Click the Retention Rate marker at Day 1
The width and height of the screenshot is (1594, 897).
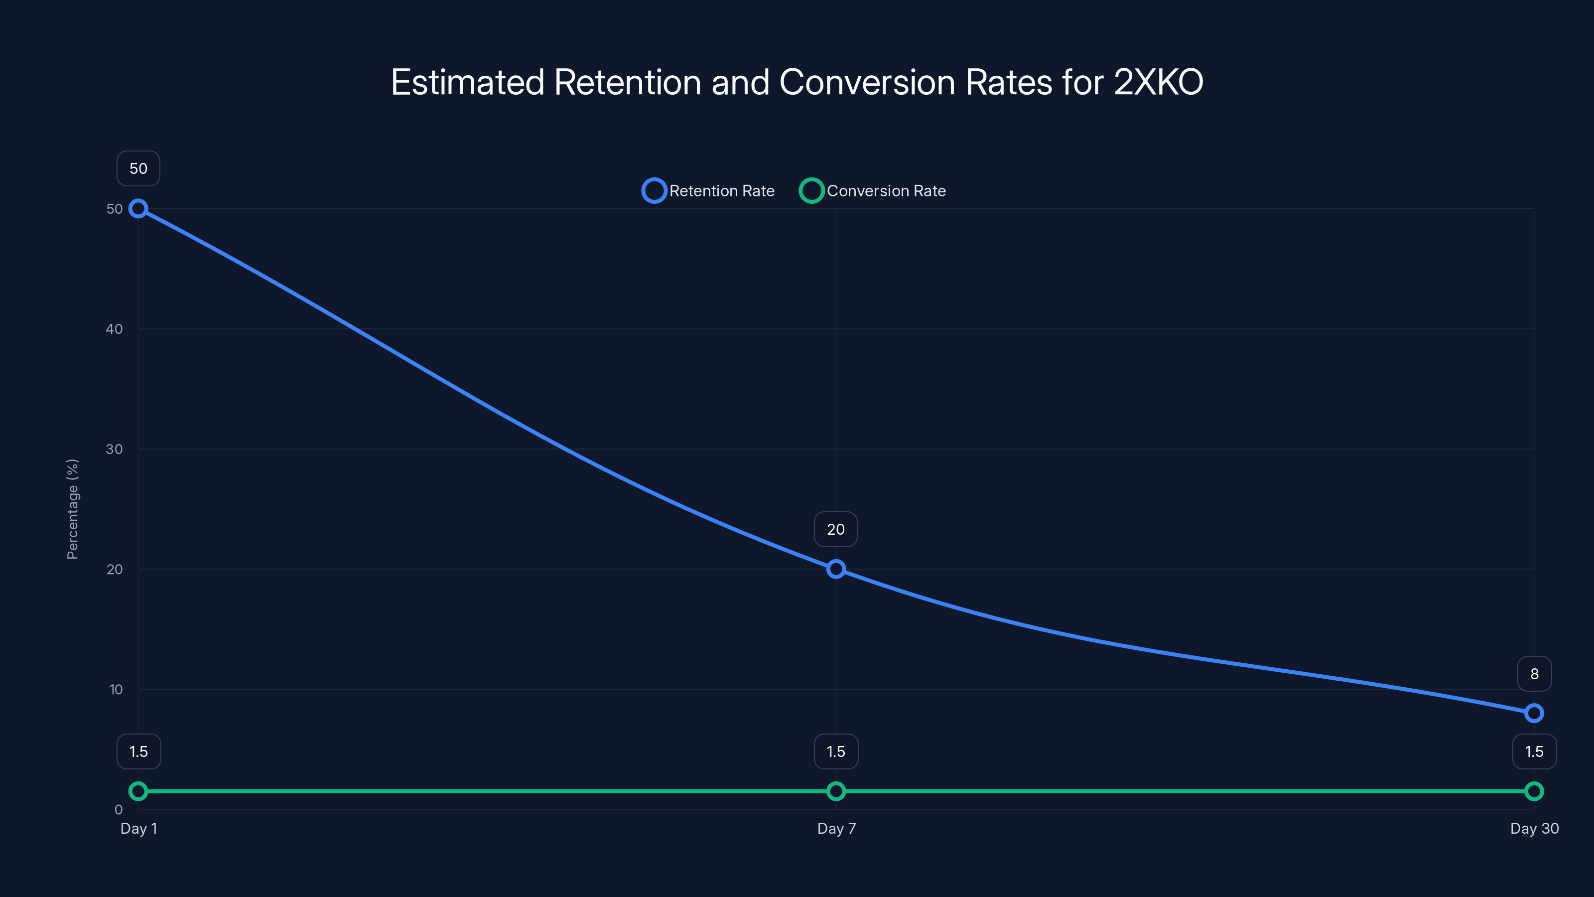(x=138, y=209)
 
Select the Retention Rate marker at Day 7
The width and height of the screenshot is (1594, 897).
(x=836, y=569)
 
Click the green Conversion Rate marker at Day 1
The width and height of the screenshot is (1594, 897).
(x=138, y=791)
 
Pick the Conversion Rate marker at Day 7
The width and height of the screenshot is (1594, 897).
(x=836, y=791)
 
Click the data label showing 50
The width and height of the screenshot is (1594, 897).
(x=138, y=168)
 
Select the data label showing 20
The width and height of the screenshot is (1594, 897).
(x=836, y=529)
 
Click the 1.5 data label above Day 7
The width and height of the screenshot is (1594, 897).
(x=836, y=751)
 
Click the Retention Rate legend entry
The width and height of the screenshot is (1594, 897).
(x=708, y=191)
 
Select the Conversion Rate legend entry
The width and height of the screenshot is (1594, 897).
(x=873, y=191)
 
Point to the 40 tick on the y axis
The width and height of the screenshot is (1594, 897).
(x=114, y=329)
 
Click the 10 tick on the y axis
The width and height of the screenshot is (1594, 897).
(x=116, y=689)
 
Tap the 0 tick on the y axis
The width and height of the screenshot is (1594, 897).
(x=118, y=810)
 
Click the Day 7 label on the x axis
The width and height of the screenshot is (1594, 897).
(x=836, y=828)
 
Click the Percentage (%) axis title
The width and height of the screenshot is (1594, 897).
(x=72, y=509)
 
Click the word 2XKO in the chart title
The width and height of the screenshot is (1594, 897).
(x=1158, y=82)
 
